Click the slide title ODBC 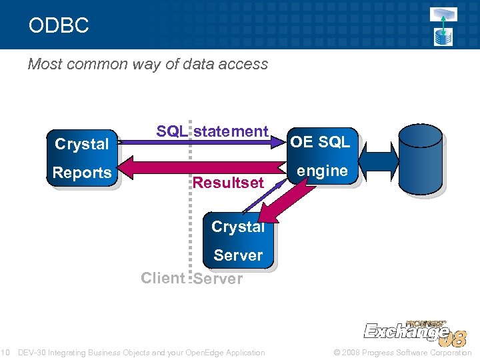click(59, 26)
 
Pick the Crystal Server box click(238, 241)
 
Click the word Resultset click(228, 183)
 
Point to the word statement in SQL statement click(231, 131)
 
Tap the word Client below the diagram click(163, 278)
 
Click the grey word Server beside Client click(218, 279)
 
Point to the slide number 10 click(4, 353)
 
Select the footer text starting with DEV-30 click(141, 353)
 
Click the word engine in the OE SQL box click(323, 171)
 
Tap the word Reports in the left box click(82, 173)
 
